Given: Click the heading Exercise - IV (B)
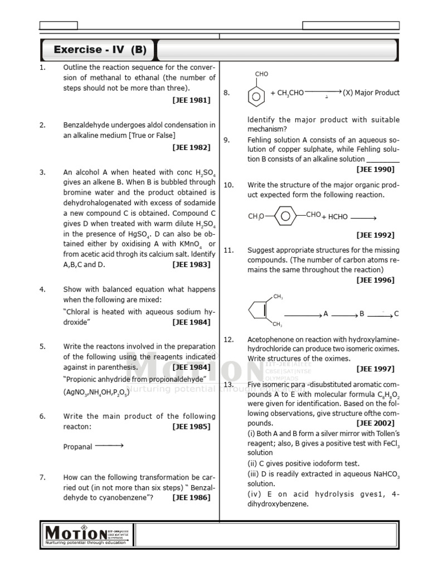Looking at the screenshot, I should [x=100, y=50].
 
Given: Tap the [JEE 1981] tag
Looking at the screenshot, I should [x=191, y=100].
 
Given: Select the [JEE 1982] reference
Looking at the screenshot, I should [x=191, y=147].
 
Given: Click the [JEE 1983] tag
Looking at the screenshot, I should [x=191, y=264].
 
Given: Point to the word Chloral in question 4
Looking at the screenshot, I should [x=79, y=312].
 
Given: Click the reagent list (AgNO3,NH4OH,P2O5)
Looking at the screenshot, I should [x=95, y=393].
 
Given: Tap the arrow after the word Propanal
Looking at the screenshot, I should [x=109, y=446].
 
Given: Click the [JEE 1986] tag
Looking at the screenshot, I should [x=191, y=497].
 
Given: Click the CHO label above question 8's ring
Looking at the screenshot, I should [x=261, y=74].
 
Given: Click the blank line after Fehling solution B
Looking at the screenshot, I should [x=383, y=159].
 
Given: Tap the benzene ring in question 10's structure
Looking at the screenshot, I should [x=285, y=215].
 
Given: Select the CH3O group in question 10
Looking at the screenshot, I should [x=256, y=216].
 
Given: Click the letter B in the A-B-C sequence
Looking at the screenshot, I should [x=362, y=314].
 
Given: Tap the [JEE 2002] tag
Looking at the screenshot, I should [x=375, y=423].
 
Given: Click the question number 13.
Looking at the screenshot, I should [x=228, y=384].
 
